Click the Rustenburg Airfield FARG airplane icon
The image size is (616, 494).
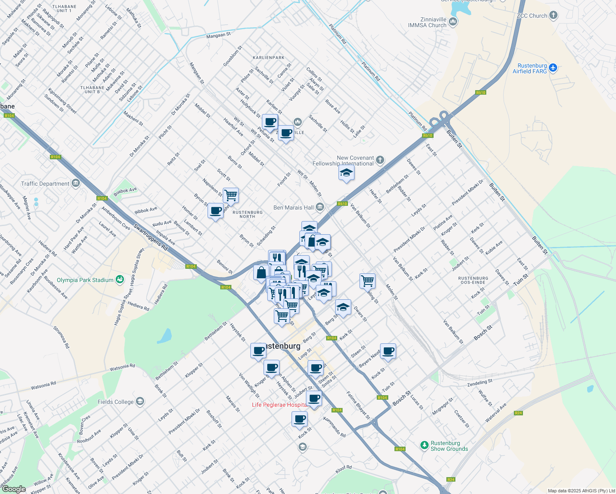pyautogui.click(x=553, y=68)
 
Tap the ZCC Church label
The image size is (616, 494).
pyautogui.click(x=532, y=16)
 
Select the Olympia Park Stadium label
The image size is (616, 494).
pyautogui.click(x=85, y=280)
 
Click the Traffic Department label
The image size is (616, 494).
pyautogui.click(x=45, y=184)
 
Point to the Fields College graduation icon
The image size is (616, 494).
pyautogui.click(x=140, y=401)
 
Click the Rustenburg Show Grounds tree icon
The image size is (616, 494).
pyautogui.click(x=424, y=445)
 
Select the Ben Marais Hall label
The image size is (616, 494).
pyautogui.click(x=294, y=207)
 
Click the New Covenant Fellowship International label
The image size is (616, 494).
pyautogui.click(x=343, y=161)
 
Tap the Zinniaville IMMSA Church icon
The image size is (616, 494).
pyautogui.click(x=453, y=21)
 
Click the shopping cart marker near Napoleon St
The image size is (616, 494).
pyautogui.click(x=231, y=195)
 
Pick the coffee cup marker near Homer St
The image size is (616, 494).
pyautogui.click(x=215, y=211)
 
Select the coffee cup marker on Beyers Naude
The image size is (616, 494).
pyautogui.click(x=388, y=351)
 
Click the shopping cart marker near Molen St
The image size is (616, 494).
pyautogui.click(x=367, y=281)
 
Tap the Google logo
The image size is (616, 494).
pyautogui.click(x=14, y=489)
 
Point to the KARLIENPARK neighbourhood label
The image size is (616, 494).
pyautogui.click(x=268, y=58)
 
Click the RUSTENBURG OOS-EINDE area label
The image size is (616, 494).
pyautogui.click(x=473, y=280)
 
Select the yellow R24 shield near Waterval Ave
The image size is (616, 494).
pyautogui.click(x=518, y=413)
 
